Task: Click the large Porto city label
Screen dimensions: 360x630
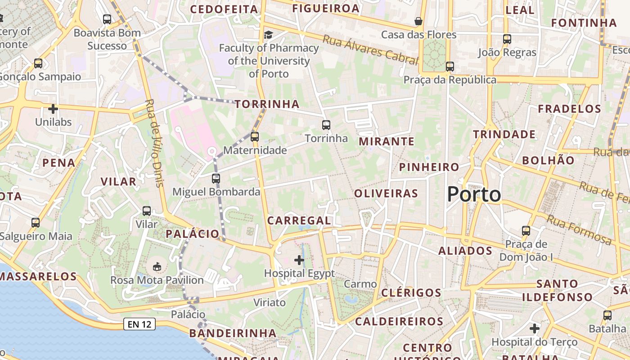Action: [x=474, y=194]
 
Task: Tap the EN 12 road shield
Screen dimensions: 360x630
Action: [x=139, y=324]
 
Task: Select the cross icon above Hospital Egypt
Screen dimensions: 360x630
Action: [x=299, y=260]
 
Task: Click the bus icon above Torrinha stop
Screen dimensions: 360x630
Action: [x=326, y=125]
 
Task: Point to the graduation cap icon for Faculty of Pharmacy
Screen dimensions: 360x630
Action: [x=268, y=35]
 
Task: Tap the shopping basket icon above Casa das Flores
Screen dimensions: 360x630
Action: [x=418, y=21]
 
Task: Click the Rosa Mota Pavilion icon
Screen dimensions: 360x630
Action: [x=157, y=267]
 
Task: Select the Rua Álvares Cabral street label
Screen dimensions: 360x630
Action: [x=370, y=49]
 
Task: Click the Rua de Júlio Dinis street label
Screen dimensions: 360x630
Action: [x=154, y=143]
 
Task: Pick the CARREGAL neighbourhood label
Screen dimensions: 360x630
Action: [x=299, y=220]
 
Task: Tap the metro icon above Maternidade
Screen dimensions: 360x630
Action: [x=255, y=136]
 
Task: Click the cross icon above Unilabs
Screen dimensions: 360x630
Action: [x=53, y=109]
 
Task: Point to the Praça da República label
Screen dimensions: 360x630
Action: [x=450, y=80]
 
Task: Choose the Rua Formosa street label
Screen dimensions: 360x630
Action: [x=579, y=230]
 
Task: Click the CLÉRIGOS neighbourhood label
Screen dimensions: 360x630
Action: [x=411, y=292]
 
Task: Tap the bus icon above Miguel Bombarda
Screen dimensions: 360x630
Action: [x=216, y=179]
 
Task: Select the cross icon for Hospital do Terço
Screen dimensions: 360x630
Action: [x=535, y=328]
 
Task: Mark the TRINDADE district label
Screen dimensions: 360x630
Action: [x=504, y=134]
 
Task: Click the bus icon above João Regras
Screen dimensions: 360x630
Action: [x=507, y=39]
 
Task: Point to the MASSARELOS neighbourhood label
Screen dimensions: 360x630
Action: [x=38, y=276]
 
